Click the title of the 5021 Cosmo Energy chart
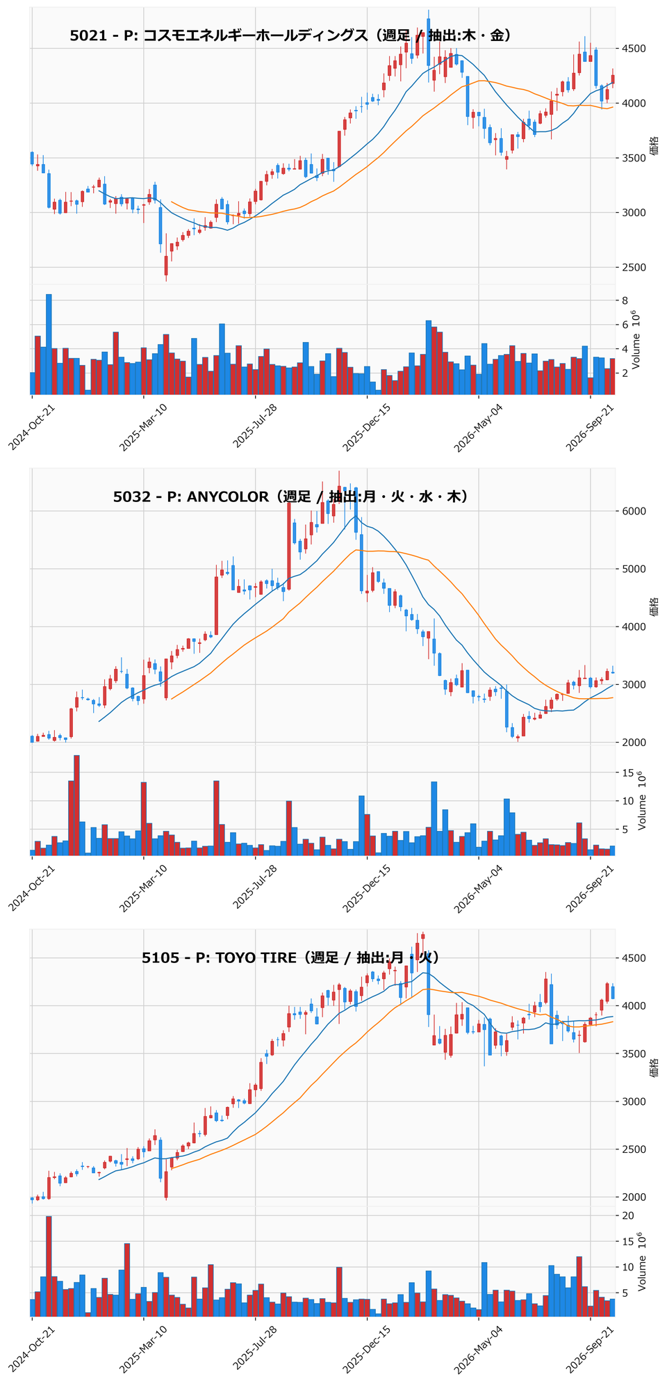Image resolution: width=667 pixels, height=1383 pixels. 292,35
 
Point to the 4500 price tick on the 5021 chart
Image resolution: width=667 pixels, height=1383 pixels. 634,49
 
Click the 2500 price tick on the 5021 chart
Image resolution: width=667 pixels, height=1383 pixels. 634,268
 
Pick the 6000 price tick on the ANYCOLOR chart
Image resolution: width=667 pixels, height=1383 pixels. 634,512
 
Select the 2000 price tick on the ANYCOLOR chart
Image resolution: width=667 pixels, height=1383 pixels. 634,743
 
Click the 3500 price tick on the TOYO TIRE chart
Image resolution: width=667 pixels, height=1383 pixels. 634,1054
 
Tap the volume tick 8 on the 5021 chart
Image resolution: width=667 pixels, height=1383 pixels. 625,300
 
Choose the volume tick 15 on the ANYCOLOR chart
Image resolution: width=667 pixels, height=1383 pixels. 627,773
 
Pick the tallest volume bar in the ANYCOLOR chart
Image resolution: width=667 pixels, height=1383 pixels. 76,805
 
